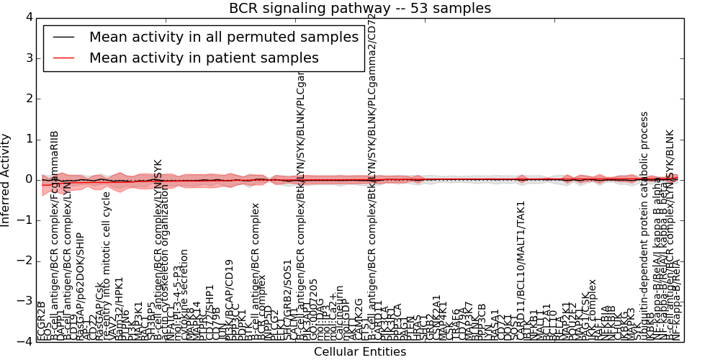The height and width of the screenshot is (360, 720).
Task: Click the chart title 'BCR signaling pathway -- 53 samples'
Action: [360, 8]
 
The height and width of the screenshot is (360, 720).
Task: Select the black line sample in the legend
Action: [64, 37]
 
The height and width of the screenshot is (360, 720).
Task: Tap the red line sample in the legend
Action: [64, 58]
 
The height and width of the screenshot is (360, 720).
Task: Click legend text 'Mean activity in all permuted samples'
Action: [223, 37]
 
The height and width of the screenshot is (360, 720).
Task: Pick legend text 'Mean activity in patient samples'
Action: [204, 58]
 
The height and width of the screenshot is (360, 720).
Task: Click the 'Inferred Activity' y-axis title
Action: [6, 179]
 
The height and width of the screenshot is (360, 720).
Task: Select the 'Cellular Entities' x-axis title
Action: [360, 352]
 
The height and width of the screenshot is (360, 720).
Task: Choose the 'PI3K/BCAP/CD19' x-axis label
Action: [230, 300]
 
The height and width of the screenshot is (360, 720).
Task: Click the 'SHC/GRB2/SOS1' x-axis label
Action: [288, 300]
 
